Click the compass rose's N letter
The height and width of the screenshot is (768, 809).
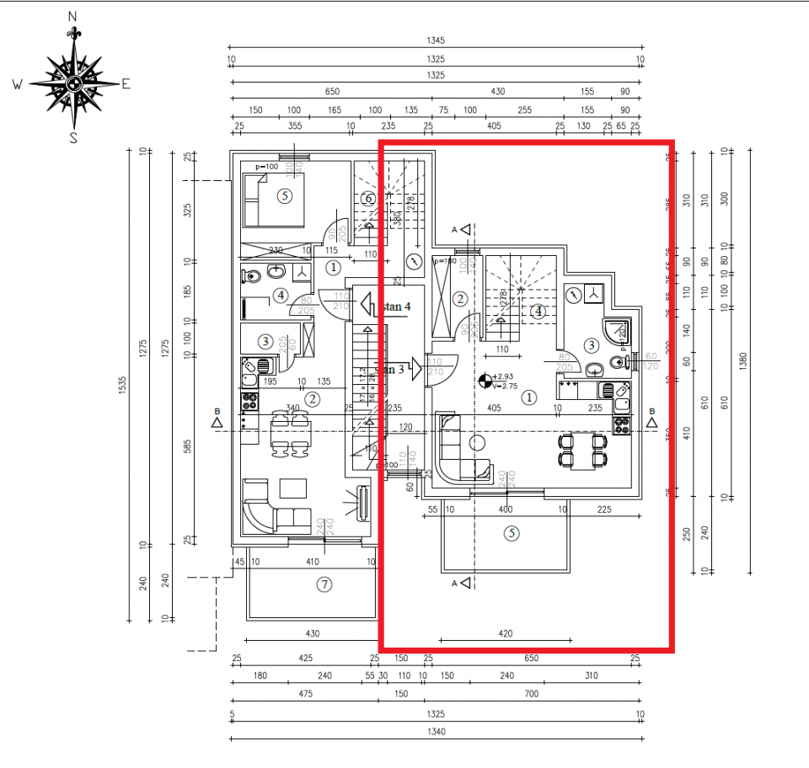pyautogui.click(x=72, y=16)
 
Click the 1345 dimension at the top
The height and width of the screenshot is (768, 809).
pyautogui.click(x=435, y=40)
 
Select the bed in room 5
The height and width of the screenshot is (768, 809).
pyautogui.click(x=274, y=200)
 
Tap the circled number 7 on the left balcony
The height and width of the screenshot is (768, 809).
pyautogui.click(x=324, y=584)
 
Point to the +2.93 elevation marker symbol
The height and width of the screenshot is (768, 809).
pyautogui.click(x=485, y=381)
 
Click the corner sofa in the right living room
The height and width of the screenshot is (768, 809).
pyautogui.click(x=459, y=451)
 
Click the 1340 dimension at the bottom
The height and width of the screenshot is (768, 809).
pyautogui.click(x=435, y=732)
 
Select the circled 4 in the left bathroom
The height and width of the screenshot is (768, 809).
pyautogui.click(x=280, y=296)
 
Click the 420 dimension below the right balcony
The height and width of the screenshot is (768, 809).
pyautogui.click(x=506, y=633)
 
